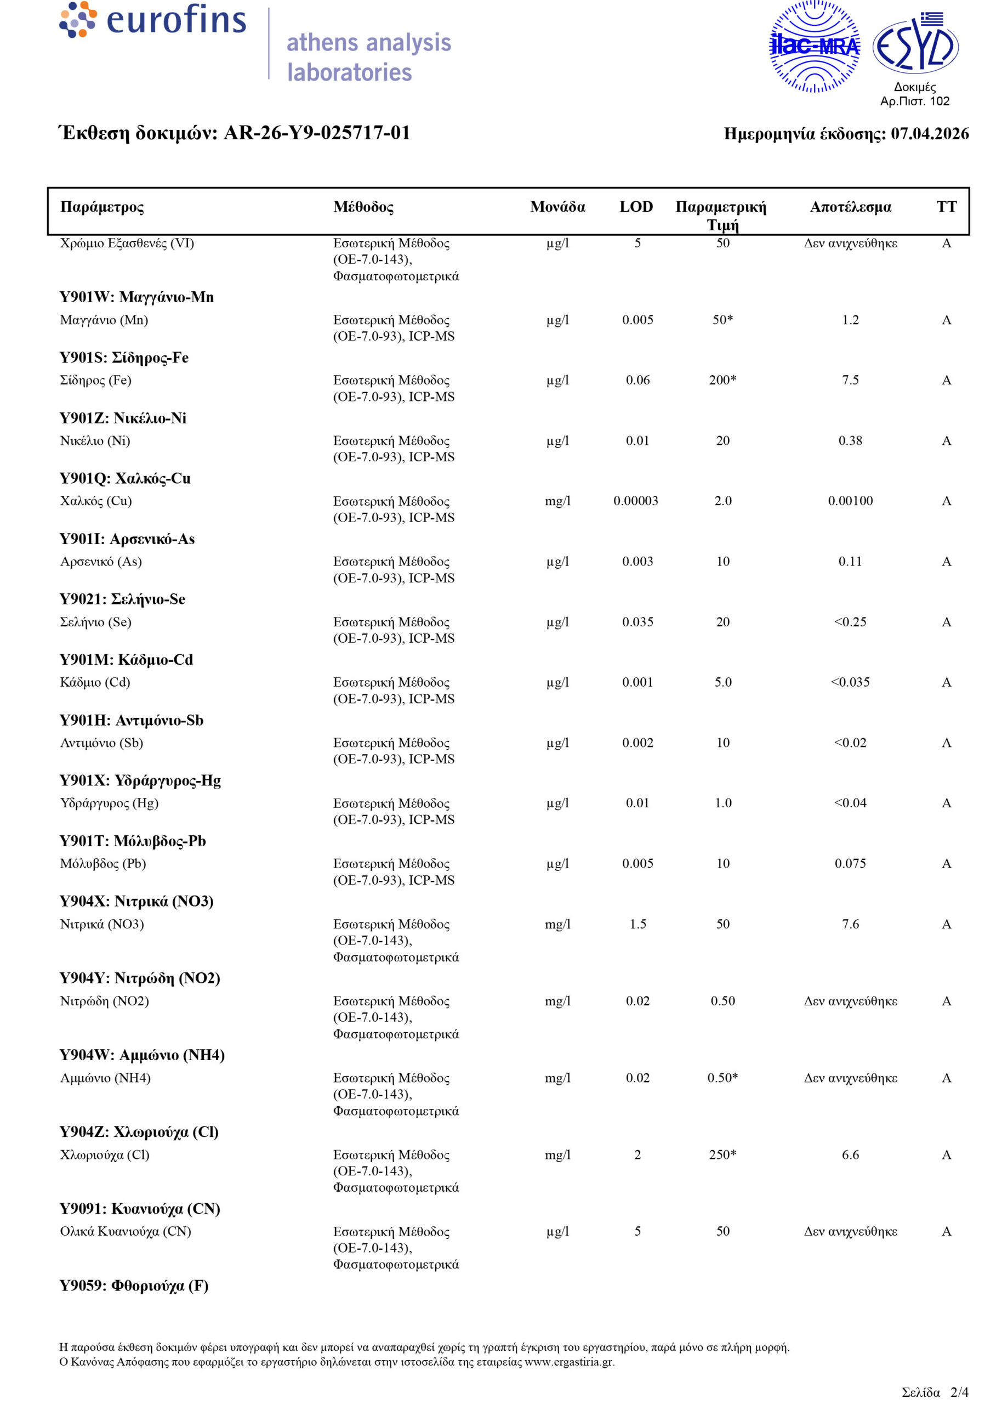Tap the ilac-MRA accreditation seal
coord(815,47)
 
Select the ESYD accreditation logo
coord(915,46)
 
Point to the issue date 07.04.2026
coord(929,134)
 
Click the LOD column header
coord(636,207)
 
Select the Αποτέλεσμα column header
coord(850,207)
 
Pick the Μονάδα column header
coord(557,207)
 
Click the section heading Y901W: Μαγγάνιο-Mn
coord(137,297)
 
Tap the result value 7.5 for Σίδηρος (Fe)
coord(850,380)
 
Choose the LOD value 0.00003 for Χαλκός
coord(635,501)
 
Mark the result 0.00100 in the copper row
coord(850,501)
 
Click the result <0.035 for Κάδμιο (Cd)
coord(850,682)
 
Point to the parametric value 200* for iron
coord(722,380)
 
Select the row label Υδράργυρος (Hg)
coord(109,803)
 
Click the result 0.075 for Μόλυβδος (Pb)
coord(850,863)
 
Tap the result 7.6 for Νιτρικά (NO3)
coord(850,924)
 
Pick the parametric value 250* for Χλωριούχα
coord(722,1154)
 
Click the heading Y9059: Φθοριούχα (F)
coord(134,1286)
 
